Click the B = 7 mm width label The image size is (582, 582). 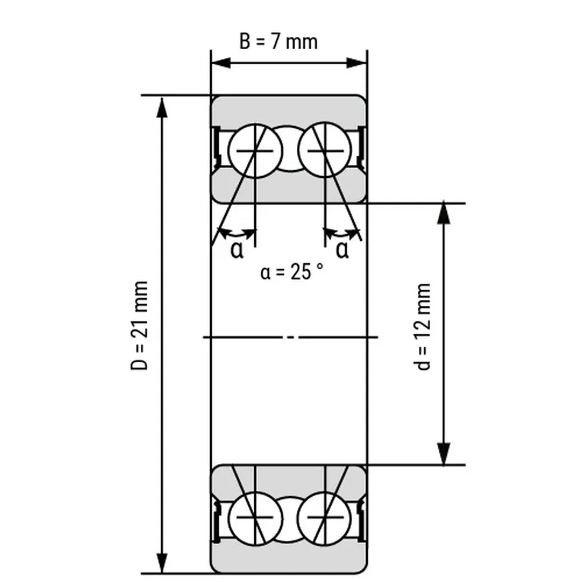278,41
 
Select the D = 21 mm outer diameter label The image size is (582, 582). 140,325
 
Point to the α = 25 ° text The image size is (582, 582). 292,272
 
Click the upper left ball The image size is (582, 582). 255,151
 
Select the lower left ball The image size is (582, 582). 255,519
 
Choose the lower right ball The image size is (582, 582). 325,519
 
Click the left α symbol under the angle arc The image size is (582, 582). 237,250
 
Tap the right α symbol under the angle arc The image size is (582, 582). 342,250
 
